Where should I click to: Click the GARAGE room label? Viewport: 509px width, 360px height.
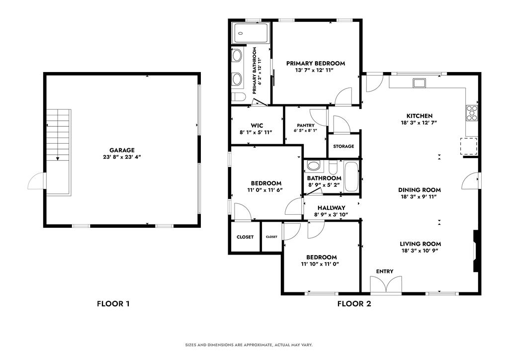point(122,150)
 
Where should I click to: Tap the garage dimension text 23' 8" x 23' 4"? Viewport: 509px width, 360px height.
point(122,157)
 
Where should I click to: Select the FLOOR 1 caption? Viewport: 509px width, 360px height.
point(113,303)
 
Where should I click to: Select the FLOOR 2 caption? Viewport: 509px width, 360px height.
point(354,303)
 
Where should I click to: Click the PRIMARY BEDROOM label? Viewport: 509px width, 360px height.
point(315,63)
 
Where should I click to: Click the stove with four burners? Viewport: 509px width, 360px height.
point(471,113)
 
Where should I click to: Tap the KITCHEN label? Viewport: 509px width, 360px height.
point(420,116)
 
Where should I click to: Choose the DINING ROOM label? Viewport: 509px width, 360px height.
point(420,190)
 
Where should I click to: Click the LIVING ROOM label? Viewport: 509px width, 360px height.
point(421,244)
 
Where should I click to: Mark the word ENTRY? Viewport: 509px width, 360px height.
point(385,271)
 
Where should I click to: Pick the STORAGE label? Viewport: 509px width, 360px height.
point(343,146)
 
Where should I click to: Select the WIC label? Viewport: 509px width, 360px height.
point(256,125)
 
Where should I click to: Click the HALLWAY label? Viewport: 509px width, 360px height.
point(332,208)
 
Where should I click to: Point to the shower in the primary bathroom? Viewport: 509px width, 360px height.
point(251,33)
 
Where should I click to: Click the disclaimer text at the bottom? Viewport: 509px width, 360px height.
point(254,345)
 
